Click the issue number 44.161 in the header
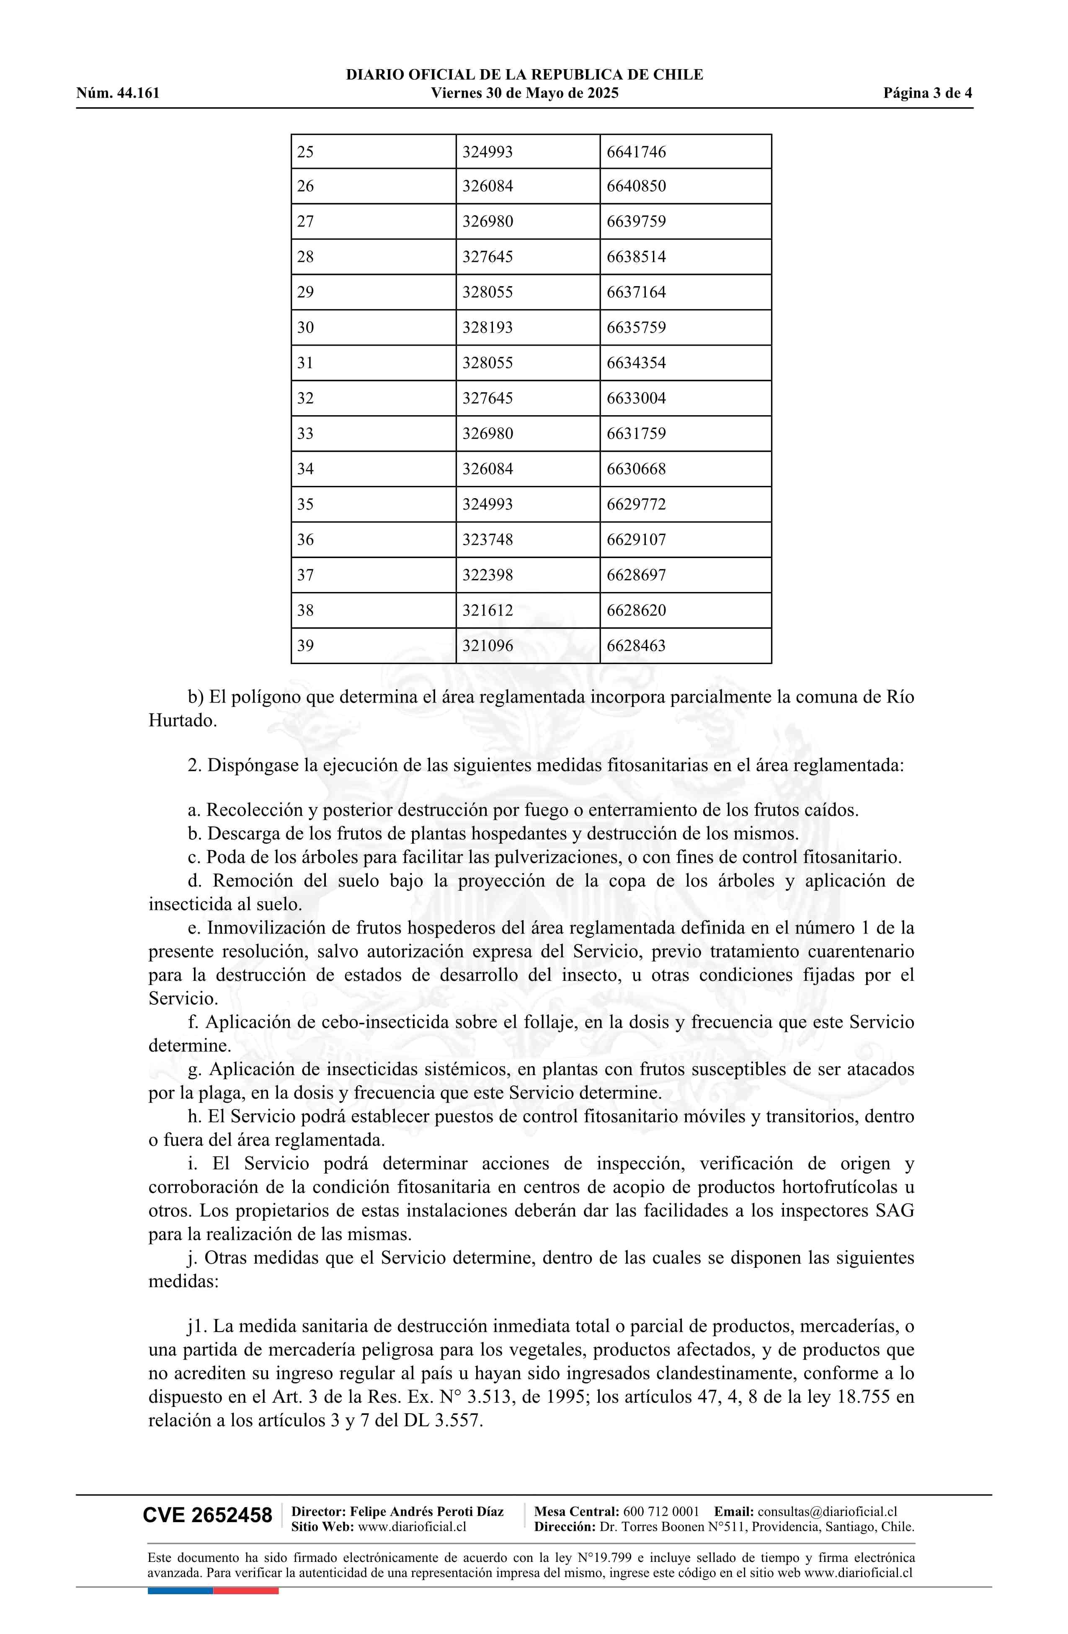(138, 93)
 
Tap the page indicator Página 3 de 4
(927, 93)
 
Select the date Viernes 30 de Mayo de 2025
(524, 93)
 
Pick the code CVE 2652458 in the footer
(207, 1534)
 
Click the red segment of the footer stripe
(246, 1591)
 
